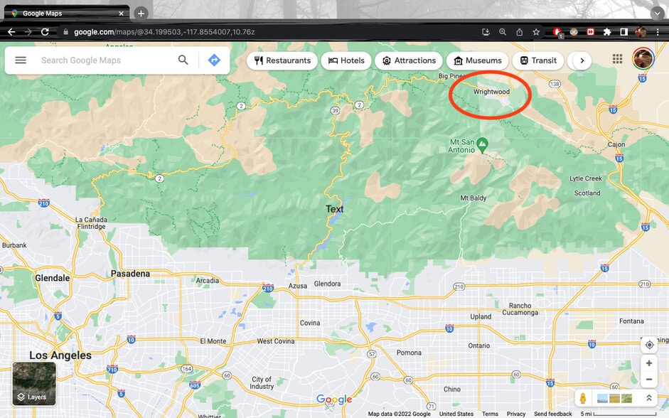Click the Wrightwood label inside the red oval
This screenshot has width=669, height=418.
(491, 92)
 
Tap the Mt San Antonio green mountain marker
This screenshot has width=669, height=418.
(483, 145)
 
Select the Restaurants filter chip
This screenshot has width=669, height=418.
(282, 60)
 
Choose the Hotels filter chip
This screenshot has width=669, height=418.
(346, 60)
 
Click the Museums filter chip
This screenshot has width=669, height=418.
(478, 60)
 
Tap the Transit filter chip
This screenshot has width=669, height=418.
(538, 60)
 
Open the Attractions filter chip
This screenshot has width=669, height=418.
(409, 60)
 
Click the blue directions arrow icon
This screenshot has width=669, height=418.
(214, 60)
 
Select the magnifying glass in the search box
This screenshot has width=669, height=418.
(183, 60)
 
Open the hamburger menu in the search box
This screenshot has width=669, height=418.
(21, 60)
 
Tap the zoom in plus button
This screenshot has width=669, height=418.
(649, 363)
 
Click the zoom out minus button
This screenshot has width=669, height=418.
(649, 380)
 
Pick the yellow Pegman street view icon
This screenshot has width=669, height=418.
(583, 398)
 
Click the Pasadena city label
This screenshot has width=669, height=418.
(131, 274)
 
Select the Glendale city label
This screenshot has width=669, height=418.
(53, 278)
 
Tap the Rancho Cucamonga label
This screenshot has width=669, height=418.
(520, 309)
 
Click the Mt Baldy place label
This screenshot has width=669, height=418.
(473, 198)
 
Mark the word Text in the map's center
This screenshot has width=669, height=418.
(334, 209)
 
